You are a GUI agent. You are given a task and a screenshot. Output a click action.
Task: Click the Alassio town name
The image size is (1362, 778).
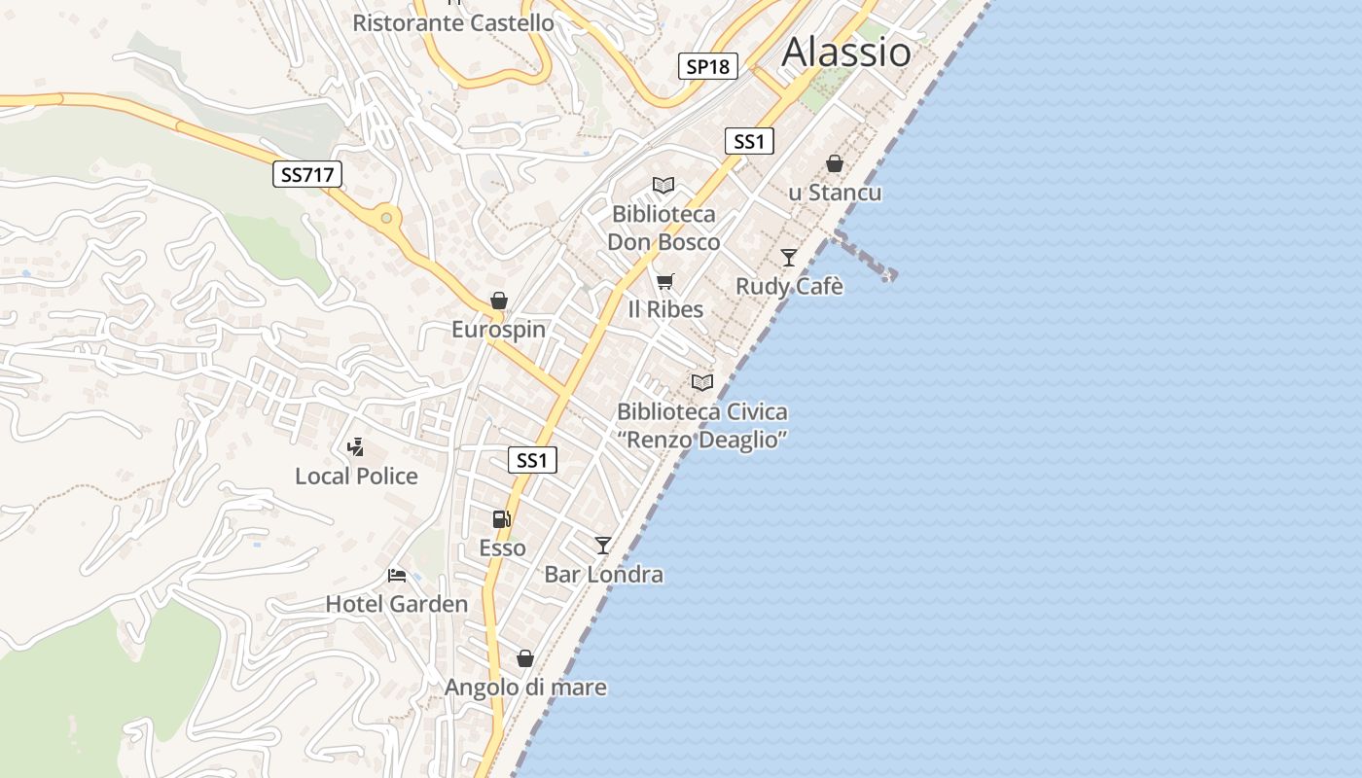point(846,52)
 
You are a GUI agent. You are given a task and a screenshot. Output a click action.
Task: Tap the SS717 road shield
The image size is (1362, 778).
point(306,175)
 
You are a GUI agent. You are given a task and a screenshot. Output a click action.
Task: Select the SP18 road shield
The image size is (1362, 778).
point(707,66)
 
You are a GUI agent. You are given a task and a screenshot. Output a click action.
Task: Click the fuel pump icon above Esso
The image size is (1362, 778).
point(502,519)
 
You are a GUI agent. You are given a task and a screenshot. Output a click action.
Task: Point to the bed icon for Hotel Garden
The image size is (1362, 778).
point(397,575)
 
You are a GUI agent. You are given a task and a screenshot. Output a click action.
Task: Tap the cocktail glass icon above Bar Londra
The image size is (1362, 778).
point(603,546)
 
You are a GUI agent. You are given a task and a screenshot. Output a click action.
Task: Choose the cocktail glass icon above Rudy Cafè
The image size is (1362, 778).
point(789,258)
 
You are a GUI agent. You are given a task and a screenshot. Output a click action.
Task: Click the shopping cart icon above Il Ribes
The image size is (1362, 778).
point(664,282)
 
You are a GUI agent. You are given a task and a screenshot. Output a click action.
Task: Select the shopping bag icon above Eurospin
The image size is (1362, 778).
point(499,301)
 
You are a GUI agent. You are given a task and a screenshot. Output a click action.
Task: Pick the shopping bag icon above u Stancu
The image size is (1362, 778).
point(835,163)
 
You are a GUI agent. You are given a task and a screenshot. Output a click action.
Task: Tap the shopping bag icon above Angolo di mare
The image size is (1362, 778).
point(525,658)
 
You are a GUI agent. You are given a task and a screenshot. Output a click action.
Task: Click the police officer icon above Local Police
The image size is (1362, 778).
point(356,447)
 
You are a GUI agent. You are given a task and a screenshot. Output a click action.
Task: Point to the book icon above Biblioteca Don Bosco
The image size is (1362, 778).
point(663,186)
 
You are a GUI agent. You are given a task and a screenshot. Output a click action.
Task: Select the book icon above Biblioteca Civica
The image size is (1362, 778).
point(702,383)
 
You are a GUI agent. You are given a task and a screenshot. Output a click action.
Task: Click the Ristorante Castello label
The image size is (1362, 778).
point(453,22)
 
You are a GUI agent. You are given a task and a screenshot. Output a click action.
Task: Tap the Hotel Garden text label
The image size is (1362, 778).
point(397,604)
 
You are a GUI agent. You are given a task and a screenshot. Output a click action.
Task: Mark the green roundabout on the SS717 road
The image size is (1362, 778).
point(387,217)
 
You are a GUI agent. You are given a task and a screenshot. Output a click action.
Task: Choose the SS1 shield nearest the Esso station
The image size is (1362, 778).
point(532,460)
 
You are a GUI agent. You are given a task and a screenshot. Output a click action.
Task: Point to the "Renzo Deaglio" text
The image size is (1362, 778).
point(702,440)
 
